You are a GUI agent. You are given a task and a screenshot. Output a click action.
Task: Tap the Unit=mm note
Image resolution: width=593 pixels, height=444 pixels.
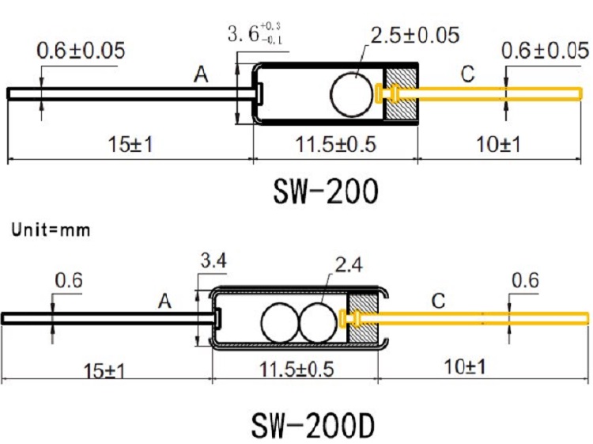pyautogui.click(x=51, y=230)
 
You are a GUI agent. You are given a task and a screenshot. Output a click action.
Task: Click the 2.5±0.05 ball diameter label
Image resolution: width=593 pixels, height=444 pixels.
pyautogui.click(x=414, y=35)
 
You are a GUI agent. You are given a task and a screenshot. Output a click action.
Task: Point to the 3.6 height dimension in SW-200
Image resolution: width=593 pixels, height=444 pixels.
pyautogui.click(x=254, y=34)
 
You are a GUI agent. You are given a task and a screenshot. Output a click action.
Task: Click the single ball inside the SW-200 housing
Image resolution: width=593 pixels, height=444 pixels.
pyautogui.click(x=350, y=93)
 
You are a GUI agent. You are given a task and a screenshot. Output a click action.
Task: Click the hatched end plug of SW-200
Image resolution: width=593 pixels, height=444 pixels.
pyautogui.click(x=401, y=93)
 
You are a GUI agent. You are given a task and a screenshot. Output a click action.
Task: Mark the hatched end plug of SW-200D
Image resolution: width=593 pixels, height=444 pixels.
pyautogui.click(x=364, y=318)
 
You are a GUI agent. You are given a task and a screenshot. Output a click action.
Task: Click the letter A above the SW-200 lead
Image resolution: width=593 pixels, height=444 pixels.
pyautogui.click(x=202, y=75)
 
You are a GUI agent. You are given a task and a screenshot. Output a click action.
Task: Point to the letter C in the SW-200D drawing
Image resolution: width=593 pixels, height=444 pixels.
pyautogui.click(x=438, y=300)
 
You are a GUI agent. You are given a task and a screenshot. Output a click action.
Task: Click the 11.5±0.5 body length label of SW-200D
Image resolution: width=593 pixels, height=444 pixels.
pyautogui.click(x=294, y=370)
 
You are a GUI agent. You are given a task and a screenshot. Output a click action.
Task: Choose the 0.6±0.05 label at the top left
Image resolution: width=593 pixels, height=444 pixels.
pyautogui.click(x=81, y=51)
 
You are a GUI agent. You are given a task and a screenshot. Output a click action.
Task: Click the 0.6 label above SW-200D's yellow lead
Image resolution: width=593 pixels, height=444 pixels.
pyautogui.click(x=525, y=281)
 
